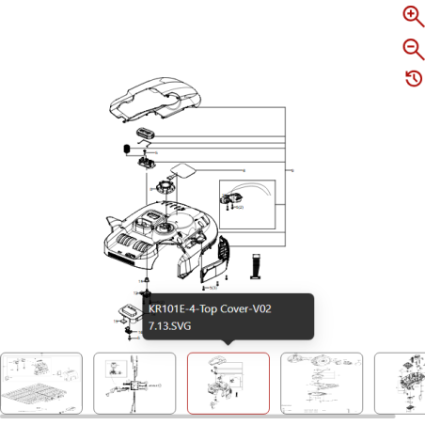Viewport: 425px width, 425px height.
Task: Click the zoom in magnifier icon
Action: pos(413,16)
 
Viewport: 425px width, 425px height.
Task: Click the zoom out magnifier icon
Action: pos(413,48)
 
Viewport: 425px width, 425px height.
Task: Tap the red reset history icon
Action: pos(413,78)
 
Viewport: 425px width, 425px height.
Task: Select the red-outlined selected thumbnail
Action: pos(228,383)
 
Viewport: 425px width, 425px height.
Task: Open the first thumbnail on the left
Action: pos(41,383)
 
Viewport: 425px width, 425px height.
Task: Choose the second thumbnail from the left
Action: pos(134,383)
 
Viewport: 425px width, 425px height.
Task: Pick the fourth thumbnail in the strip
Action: pos(322,383)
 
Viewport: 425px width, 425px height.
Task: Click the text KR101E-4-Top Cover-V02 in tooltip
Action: pos(210,309)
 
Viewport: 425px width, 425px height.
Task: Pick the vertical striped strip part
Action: pos(255,265)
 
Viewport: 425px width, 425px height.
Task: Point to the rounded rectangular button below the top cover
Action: pos(145,134)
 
